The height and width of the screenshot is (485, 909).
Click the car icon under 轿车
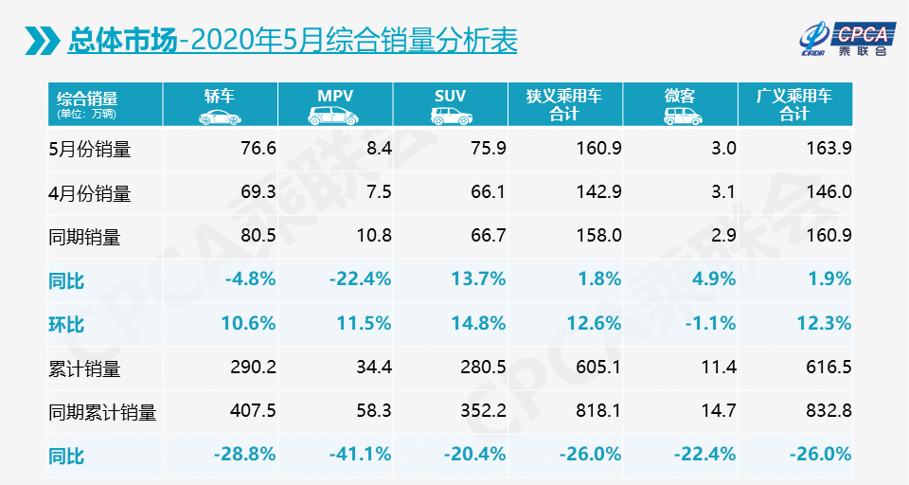(x=219, y=117)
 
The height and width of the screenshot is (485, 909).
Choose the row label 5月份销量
(x=89, y=149)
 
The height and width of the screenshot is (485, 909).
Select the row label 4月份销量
(x=89, y=193)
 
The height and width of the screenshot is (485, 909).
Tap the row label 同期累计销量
(x=101, y=412)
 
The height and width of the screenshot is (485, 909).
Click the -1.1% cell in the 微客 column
(x=711, y=323)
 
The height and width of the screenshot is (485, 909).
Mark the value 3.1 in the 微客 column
(x=723, y=192)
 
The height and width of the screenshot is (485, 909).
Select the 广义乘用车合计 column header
(x=793, y=104)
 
